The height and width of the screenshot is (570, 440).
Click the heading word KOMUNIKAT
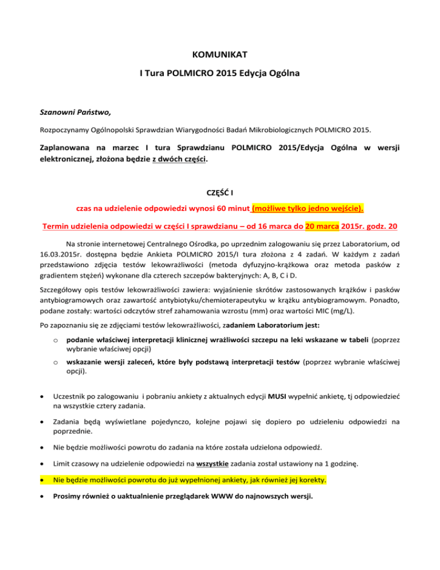pos(219,56)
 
